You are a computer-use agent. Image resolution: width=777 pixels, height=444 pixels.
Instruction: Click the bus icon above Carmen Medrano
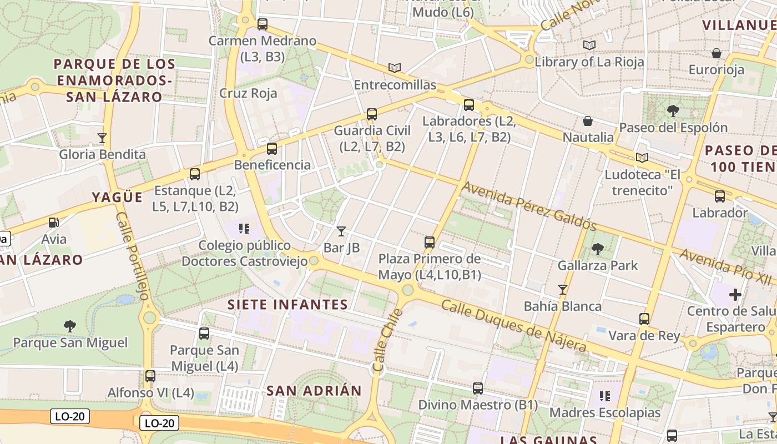tap(263, 24)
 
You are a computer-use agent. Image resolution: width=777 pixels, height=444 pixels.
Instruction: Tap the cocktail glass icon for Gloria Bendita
tap(102, 138)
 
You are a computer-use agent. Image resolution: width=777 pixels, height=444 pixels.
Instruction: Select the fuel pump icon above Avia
tap(54, 223)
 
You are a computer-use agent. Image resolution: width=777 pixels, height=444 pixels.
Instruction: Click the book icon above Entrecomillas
tap(395, 68)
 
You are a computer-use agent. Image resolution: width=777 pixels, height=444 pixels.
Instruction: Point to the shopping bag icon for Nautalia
tap(588, 121)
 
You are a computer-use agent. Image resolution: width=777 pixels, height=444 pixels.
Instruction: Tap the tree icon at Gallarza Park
tap(598, 249)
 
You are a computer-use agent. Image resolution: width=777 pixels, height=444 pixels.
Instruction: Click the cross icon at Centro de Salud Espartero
tap(735, 294)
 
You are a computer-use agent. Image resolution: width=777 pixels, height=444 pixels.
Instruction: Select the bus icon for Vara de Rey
tap(644, 319)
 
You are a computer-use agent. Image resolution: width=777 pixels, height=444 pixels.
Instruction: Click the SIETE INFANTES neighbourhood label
tap(287, 305)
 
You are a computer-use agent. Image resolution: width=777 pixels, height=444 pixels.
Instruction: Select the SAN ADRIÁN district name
tap(314, 390)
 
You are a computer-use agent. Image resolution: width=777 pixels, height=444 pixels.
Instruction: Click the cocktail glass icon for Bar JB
tap(341, 231)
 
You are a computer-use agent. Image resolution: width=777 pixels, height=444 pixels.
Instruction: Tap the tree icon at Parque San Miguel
tap(70, 326)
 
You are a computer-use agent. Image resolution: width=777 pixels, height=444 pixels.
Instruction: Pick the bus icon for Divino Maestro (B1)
tap(478, 389)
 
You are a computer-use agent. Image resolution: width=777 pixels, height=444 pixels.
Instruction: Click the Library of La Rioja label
tap(589, 62)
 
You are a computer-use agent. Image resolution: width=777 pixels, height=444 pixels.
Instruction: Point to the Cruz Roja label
tap(248, 93)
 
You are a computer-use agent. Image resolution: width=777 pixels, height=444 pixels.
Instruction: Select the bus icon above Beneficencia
tap(272, 149)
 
